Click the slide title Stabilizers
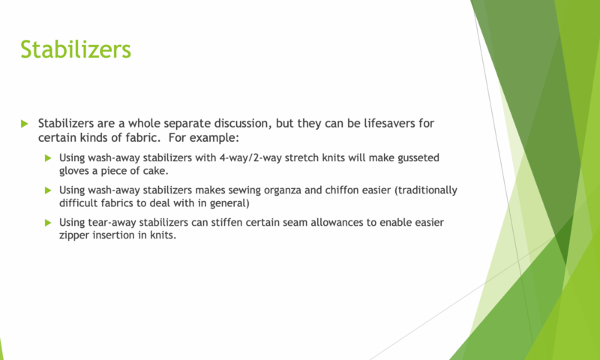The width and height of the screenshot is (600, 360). [76, 49]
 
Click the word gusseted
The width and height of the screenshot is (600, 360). [418, 158]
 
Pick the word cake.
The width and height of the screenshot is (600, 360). [157, 171]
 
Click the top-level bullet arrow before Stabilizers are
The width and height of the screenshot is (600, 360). [25, 124]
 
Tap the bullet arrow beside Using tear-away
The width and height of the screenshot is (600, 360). [48, 223]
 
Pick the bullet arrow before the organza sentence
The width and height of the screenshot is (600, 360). [48, 190]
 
